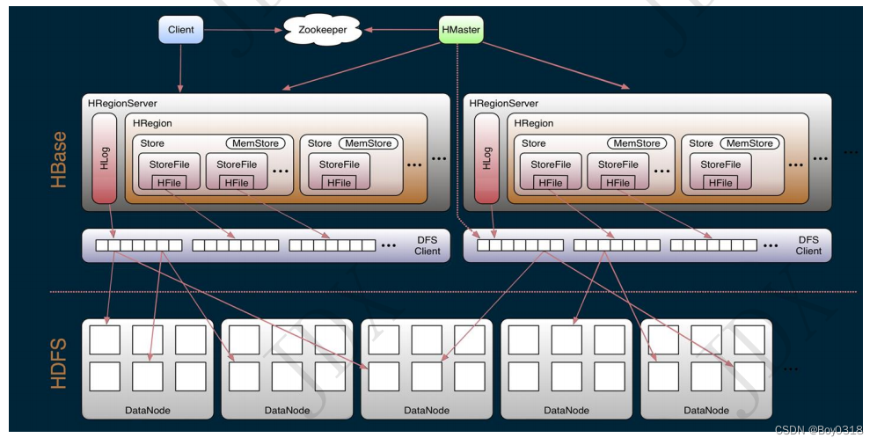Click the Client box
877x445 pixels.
181,30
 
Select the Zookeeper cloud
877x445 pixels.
322,30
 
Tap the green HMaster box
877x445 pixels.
461,30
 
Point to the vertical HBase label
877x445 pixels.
59,160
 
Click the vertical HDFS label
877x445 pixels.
59,361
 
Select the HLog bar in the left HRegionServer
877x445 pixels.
105,157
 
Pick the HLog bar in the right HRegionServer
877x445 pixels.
486,157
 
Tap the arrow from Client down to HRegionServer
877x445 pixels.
181,67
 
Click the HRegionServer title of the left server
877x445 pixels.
122,104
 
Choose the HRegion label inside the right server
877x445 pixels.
534,124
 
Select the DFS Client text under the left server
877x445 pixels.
428,244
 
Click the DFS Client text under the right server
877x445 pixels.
808,244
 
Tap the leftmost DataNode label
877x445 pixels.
148,410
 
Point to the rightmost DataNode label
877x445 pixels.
706,410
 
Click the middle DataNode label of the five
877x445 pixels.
427,410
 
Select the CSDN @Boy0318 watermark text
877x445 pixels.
818,429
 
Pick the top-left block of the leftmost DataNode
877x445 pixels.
105,340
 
